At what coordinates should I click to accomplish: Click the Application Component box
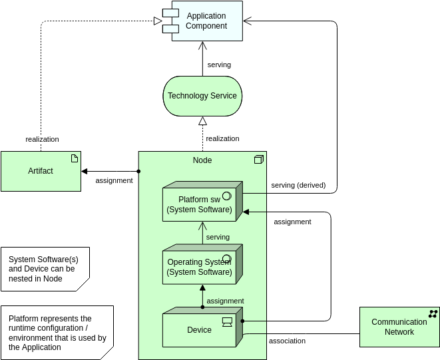point(206,21)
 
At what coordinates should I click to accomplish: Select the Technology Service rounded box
point(202,96)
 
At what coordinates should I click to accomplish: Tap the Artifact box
point(41,171)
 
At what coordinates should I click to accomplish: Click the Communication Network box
point(399,327)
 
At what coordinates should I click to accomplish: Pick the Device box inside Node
point(200,329)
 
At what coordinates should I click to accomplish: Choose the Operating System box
point(200,267)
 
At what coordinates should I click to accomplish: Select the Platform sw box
point(200,204)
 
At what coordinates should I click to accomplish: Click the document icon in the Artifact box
point(74,158)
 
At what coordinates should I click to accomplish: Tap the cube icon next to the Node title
point(259,160)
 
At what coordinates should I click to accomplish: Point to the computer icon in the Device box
point(227,323)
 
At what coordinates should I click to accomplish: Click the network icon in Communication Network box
point(433,313)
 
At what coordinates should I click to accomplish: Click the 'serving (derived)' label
point(298,185)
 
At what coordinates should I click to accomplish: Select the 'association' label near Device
point(287,341)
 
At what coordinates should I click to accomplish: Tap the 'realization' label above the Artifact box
point(42,139)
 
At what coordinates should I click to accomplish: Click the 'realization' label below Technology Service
point(222,138)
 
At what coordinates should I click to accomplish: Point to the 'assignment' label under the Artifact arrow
point(114,180)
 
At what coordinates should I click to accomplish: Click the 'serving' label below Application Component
point(219,65)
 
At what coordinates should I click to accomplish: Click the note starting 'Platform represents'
point(57,333)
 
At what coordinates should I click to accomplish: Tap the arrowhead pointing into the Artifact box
point(85,172)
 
